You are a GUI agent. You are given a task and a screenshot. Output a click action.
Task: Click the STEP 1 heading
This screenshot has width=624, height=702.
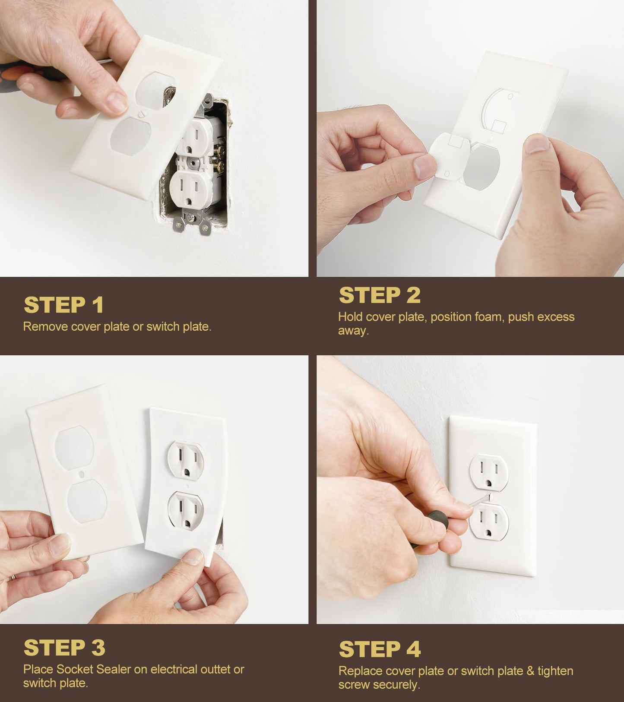64,305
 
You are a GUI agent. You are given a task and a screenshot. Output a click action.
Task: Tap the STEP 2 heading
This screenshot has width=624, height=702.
379,295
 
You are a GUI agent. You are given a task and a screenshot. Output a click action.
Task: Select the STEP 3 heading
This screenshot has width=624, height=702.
64,648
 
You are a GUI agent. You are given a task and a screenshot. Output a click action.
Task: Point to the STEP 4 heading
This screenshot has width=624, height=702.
380,649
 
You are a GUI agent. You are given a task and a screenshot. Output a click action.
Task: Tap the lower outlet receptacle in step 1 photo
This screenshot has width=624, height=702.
190,189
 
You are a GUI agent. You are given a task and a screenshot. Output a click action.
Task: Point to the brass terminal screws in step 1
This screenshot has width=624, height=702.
219,158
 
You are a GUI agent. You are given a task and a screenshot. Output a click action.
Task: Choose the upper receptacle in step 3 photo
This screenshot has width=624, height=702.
186,460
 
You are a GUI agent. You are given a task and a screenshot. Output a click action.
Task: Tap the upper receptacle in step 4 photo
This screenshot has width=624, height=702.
489,472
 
